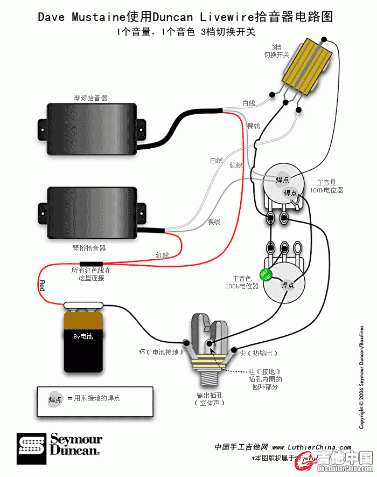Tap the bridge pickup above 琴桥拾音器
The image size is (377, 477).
tap(92, 212)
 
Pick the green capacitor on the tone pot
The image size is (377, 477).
tap(266, 274)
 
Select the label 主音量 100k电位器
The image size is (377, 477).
tap(330, 186)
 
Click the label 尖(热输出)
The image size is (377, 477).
tap(259, 353)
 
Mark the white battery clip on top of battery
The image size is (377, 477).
tap(83, 306)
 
